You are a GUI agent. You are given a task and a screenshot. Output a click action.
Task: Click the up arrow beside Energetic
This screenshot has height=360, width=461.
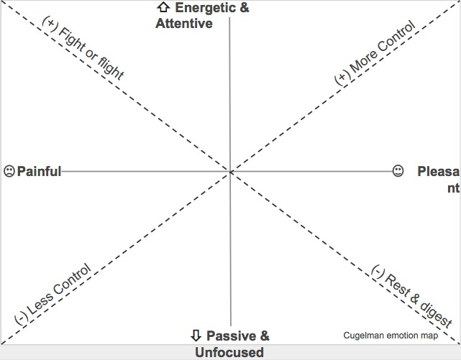point(163,7)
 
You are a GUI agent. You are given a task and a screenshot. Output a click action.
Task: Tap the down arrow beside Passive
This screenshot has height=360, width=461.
point(196,335)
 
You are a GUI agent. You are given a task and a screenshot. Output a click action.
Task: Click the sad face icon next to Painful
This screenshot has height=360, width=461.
point(9,171)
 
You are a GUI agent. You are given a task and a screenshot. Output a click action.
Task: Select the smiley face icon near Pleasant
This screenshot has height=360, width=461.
point(398,171)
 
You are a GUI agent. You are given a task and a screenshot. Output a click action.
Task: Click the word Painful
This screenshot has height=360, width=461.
point(39,171)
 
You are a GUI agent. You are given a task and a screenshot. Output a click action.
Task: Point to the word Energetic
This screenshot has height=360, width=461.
point(205,8)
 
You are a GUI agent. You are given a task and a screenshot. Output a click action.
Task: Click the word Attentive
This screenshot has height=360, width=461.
point(184,24)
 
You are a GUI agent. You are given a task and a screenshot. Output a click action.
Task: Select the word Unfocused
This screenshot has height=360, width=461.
point(229,352)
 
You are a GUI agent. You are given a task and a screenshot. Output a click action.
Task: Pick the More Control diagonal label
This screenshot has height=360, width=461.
point(375,53)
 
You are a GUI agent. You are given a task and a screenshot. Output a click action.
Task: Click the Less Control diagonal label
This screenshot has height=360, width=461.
point(53,294)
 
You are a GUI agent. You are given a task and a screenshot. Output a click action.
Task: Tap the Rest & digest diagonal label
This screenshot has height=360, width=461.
point(411,296)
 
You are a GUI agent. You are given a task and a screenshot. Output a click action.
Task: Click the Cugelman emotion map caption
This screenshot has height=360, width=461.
point(391,336)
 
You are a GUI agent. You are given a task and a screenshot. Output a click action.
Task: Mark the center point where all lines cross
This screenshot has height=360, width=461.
point(230,172)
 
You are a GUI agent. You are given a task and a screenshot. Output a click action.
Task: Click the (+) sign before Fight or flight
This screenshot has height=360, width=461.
point(50,24)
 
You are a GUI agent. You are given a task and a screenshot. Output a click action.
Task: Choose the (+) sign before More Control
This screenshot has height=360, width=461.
point(342,78)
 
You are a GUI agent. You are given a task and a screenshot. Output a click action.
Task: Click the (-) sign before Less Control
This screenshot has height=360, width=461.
point(21,318)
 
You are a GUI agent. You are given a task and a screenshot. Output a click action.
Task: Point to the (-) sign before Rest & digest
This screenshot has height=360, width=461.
point(378,272)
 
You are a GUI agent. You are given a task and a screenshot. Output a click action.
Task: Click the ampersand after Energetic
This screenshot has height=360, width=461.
point(245,8)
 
